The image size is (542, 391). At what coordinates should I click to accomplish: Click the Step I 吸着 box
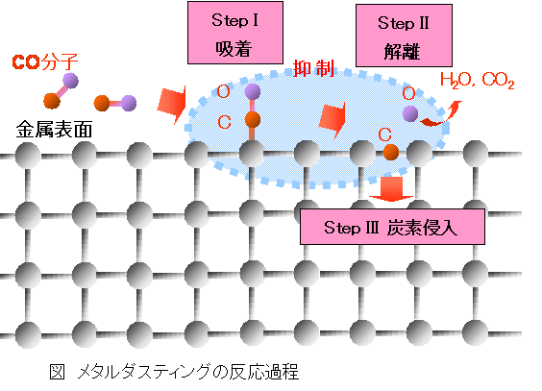point(235,33)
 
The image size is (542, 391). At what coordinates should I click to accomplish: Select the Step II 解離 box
point(404,36)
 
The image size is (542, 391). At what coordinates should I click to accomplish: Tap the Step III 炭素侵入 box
point(392,227)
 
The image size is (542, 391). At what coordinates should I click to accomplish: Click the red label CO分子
point(45,62)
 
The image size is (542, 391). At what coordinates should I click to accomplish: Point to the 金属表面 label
point(54,130)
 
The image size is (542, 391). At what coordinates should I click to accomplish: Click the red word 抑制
point(314,68)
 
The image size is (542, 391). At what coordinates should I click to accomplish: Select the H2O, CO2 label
point(478,81)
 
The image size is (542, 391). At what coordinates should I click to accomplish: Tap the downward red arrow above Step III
point(391,189)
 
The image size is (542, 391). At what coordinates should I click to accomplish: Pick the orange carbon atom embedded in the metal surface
point(391,152)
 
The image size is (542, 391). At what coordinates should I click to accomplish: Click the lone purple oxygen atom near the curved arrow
point(410,113)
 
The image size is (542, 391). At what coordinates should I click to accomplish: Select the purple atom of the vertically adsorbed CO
point(253,91)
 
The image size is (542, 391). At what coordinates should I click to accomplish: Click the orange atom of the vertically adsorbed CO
point(253,119)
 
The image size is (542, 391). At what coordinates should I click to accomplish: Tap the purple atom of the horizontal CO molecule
point(129,103)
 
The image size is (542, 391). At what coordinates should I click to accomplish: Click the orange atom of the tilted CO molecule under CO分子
point(52,101)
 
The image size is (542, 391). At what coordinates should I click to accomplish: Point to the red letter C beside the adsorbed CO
point(224,122)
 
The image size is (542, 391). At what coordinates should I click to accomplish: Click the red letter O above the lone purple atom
point(409,93)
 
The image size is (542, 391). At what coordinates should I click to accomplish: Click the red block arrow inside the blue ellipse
point(333,119)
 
